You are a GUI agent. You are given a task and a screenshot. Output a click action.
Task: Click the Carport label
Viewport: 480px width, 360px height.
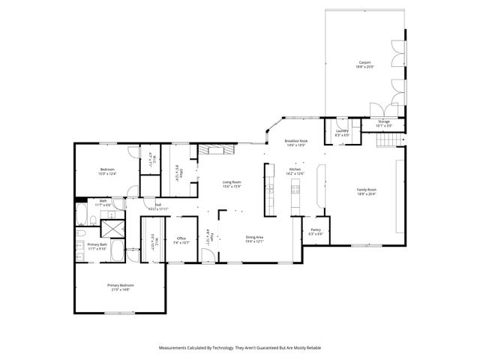363,64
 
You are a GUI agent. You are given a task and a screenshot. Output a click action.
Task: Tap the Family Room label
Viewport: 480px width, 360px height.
366,191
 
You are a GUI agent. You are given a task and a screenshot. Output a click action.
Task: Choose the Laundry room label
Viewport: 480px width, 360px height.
342,132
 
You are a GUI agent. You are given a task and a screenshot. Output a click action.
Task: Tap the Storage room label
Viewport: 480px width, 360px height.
383,122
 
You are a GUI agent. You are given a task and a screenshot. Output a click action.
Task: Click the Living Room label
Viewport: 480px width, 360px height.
232,184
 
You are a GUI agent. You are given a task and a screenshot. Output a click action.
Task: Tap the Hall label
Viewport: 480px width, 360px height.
158,205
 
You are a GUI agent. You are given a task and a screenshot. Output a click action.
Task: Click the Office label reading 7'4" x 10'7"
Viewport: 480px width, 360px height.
181,241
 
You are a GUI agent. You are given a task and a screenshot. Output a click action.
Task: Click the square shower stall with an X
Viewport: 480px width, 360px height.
113,228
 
